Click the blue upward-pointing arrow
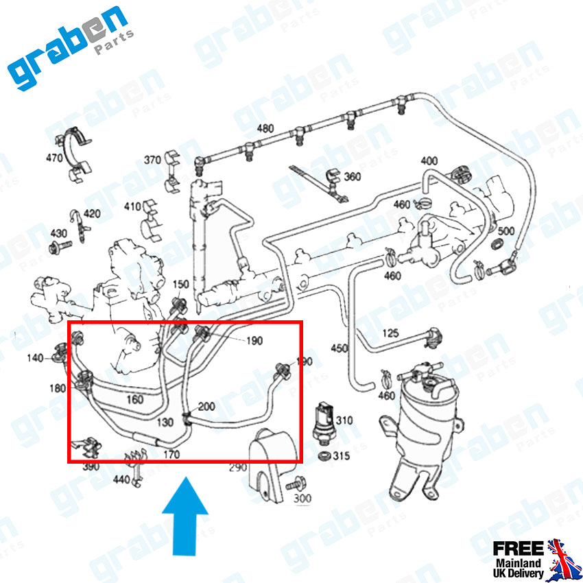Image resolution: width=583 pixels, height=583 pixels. (185, 517)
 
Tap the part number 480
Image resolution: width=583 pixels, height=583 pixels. (265, 129)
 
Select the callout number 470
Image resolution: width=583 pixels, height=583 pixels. (54, 158)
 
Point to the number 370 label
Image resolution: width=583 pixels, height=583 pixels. (152, 160)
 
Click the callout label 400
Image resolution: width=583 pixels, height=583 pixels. (429, 160)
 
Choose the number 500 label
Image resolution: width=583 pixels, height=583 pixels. (505, 231)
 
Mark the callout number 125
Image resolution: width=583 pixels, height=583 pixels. (390, 333)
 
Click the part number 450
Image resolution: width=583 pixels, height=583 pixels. (339, 348)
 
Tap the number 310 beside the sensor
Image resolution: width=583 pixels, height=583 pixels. (344, 420)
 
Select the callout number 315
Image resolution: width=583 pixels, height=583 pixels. (342, 455)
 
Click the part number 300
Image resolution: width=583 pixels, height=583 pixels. (302, 498)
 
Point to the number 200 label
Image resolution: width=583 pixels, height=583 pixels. (206, 406)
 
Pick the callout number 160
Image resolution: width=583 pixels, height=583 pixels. (135, 399)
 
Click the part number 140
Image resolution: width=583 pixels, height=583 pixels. (35, 358)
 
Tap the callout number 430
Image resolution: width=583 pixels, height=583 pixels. (59, 233)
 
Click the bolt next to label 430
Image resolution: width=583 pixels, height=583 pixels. (60, 247)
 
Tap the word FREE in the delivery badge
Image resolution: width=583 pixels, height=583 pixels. (518, 548)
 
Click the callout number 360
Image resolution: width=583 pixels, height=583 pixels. (352, 176)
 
